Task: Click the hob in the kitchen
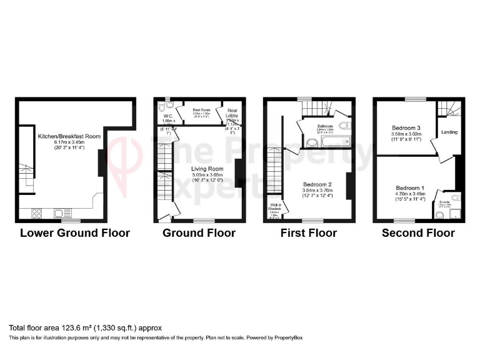click(x=37, y=213)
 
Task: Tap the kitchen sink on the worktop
click(x=62, y=213)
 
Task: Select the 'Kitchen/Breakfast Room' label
click(x=69, y=136)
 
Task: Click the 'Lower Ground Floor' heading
click(x=75, y=233)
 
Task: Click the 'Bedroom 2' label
click(x=318, y=185)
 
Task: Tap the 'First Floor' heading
click(x=309, y=233)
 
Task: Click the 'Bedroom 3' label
click(x=405, y=127)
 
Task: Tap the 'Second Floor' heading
click(x=419, y=233)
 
